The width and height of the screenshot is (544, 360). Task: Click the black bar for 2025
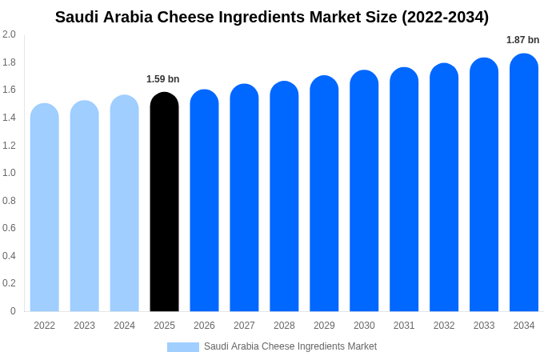164,204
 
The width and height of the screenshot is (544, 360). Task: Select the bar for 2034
524,184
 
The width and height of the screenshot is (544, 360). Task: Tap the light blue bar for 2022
45,208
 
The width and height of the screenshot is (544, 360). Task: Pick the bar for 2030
364,192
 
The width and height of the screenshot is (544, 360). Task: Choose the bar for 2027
244,198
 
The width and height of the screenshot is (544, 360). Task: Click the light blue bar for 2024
124,204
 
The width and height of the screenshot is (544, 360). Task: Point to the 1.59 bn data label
162,79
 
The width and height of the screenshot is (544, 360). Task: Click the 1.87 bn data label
522,40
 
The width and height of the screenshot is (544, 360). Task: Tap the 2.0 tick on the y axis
9,34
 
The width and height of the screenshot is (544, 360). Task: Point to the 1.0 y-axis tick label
9,173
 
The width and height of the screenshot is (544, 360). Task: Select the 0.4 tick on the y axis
9,256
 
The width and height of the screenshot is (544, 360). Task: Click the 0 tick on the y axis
13,311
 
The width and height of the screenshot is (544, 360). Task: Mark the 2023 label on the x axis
84,326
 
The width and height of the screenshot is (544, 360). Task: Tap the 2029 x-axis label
324,326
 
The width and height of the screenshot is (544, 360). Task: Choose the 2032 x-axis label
444,326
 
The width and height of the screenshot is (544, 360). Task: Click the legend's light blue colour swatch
182,347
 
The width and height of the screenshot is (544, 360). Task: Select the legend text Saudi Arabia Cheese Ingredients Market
290,346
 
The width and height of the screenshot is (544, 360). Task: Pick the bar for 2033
484,186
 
